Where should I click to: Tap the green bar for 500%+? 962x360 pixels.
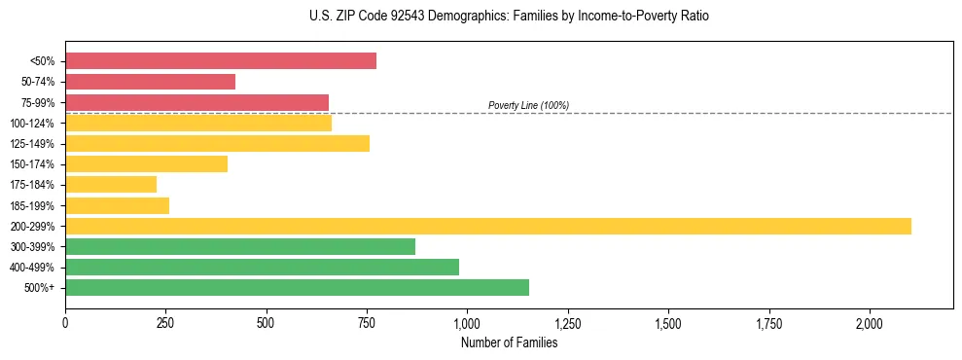(297, 287)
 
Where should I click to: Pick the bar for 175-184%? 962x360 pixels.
(111, 185)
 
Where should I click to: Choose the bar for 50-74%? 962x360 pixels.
(150, 82)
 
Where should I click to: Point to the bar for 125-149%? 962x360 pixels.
(217, 144)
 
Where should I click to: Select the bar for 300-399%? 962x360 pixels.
(240, 246)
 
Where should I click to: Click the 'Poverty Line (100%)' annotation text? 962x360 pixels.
(528, 105)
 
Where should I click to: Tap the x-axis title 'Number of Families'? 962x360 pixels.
(509, 342)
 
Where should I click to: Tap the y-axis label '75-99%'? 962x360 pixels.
(38, 103)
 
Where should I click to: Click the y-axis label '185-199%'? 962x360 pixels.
(34, 206)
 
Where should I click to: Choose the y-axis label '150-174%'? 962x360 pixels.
(34, 164)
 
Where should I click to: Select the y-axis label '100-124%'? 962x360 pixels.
(34, 124)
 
